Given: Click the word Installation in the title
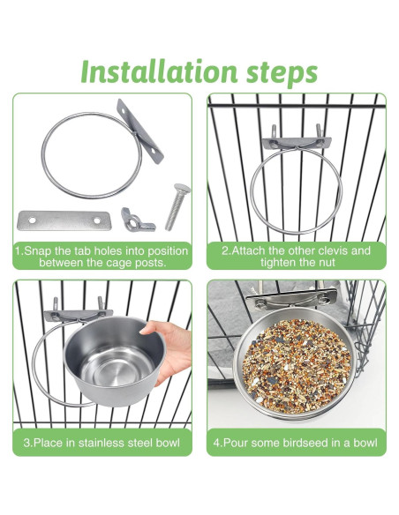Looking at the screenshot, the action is tap(159, 71).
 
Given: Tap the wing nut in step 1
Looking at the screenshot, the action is tap(137, 220).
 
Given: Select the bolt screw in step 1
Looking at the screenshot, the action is tap(177, 206).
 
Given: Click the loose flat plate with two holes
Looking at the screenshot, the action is tap(64, 220).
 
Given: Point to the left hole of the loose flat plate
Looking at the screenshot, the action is tap(32, 220).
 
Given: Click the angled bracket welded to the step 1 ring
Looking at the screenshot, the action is tap(139, 131).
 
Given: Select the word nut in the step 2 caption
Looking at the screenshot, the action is tap(327, 263).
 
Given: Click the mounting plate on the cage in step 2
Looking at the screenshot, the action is tap(296, 143).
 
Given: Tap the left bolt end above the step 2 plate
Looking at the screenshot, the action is tap(275, 132).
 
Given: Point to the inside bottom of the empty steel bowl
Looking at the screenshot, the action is tap(116, 368).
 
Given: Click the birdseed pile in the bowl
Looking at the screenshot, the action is tap(296, 366).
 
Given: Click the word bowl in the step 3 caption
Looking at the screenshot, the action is tap(168, 443).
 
